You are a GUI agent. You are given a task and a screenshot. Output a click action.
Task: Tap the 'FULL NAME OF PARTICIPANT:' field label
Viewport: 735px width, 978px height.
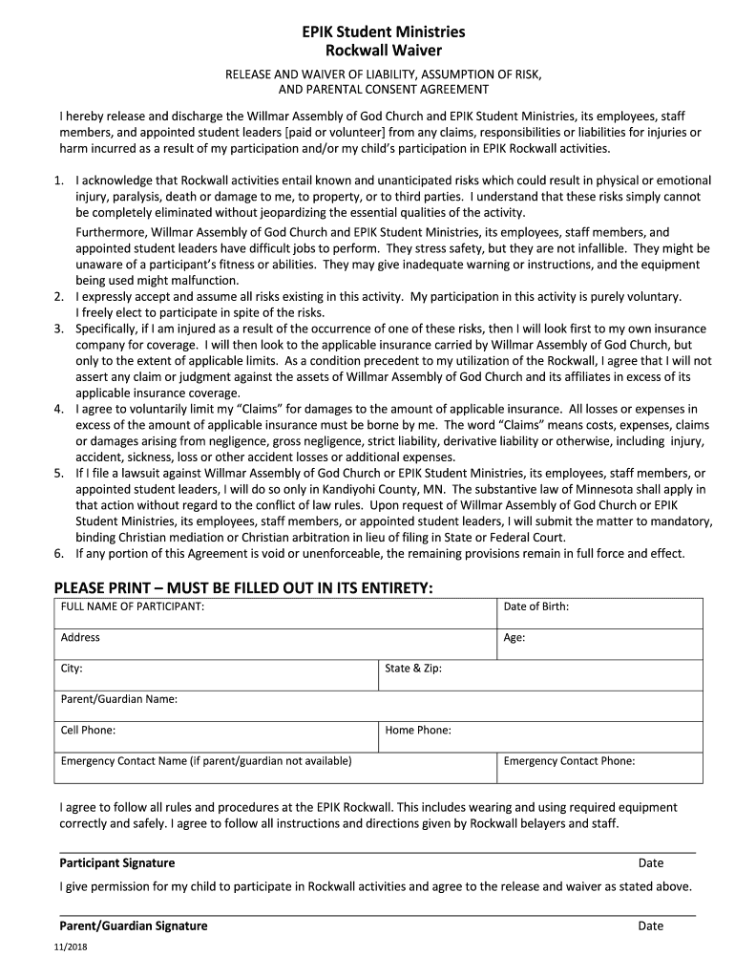133,606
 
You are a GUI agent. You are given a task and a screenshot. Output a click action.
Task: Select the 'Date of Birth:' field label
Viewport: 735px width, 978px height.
535,606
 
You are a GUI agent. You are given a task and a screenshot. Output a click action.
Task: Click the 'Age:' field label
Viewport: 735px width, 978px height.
514,638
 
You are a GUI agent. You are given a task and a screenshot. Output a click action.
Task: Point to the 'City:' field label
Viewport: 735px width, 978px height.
72,669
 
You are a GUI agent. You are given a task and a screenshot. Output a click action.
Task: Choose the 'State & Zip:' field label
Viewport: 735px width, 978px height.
413,669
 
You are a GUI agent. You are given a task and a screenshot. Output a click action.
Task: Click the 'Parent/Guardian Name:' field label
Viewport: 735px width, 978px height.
119,699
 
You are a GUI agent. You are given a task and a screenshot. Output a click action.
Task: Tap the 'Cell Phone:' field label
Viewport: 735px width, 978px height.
89,731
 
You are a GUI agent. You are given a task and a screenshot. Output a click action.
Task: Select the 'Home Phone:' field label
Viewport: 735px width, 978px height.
418,731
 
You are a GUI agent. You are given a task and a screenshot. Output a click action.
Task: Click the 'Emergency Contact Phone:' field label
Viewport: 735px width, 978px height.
569,761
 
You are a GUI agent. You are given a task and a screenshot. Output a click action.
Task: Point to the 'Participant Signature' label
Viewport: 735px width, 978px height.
117,863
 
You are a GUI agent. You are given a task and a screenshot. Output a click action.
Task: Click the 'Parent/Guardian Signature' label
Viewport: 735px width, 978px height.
134,925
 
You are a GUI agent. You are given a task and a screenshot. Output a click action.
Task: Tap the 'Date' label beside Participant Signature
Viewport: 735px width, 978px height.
651,863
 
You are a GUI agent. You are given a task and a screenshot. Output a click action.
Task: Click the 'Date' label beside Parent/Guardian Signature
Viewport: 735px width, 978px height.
651,925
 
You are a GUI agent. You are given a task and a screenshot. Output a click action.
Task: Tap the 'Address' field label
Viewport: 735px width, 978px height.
80,637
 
